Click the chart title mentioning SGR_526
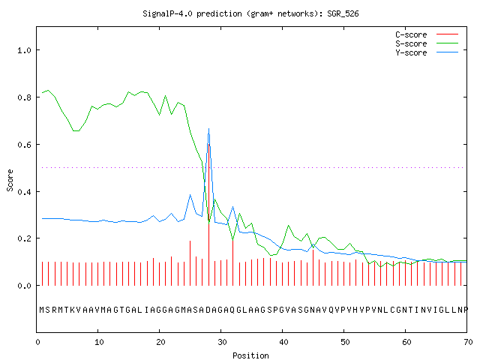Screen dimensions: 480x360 click(x=250, y=13)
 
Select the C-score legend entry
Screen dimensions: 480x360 click(x=427, y=34)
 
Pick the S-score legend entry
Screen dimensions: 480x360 click(x=427, y=43)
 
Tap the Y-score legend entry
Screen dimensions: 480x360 click(x=427, y=52)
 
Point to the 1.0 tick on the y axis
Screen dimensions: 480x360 click(x=24, y=50)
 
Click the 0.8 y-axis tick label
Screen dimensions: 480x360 click(x=24, y=97)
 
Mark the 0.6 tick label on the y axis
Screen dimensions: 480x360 click(x=24, y=145)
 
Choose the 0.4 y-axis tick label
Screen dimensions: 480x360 click(x=24, y=192)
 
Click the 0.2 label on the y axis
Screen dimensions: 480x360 click(x=24, y=238)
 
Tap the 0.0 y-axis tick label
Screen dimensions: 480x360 click(x=24, y=286)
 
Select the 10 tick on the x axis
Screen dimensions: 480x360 click(x=99, y=342)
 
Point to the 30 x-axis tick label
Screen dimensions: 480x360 click(x=222, y=342)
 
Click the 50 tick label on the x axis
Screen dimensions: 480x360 click(x=345, y=342)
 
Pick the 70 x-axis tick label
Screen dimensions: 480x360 click(x=468, y=342)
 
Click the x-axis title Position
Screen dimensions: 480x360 click(x=250, y=355)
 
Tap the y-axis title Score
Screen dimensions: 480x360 click(x=10, y=180)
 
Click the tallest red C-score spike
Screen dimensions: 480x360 click(x=209, y=214)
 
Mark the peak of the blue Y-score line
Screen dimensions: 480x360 click(x=208, y=128)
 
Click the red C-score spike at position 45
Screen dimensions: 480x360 click(x=313, y=268)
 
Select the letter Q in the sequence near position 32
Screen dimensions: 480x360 click(x=232, y=310)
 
